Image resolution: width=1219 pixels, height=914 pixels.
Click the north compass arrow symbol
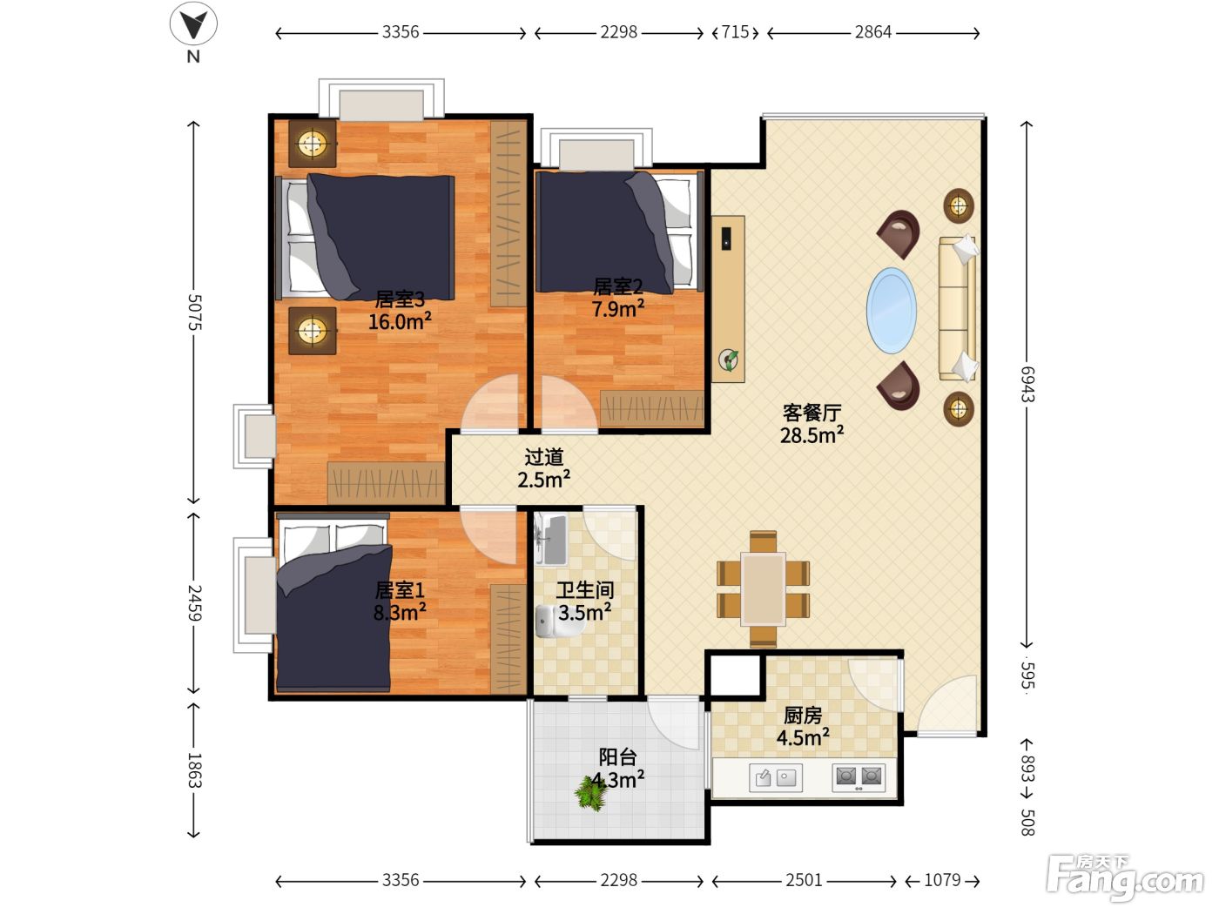(193, 24)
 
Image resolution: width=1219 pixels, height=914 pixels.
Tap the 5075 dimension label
(194, 312)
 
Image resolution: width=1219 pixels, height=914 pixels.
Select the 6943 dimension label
(1027, 384)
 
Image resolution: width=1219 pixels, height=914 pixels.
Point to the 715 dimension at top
(735, 32)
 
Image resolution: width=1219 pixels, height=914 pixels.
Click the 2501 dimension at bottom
(804, 879)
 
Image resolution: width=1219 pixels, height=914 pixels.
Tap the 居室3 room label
(400, 299)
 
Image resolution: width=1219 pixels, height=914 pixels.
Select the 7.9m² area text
(618, 308)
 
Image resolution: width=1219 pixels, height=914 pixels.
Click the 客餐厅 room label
(812, 413)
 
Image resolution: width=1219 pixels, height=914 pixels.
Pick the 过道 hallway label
(544, 457)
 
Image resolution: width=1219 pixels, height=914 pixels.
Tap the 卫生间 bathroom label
(585, 590)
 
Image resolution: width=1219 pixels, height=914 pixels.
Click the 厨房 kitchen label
(803, 716)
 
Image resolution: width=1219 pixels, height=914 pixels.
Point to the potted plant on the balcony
(591, 793)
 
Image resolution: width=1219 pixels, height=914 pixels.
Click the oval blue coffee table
(892, 311)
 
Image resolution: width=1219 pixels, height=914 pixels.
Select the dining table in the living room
(763, 588)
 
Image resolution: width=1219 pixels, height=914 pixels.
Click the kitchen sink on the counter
(775, 777)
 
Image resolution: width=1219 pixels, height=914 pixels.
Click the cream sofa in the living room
(958, 308)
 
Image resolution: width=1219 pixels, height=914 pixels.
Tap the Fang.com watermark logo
(1125, 877)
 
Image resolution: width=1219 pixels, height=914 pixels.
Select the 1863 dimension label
(194, 770)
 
